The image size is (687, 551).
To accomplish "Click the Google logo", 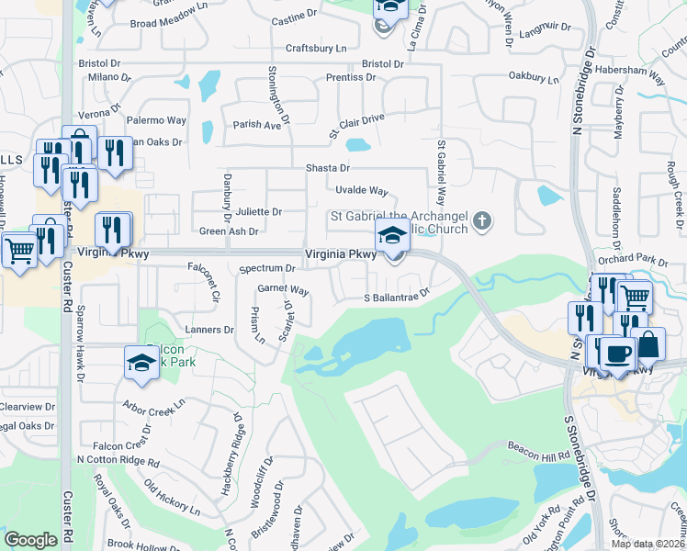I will point(30,540).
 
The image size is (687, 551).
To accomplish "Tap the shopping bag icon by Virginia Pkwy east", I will point(648,345).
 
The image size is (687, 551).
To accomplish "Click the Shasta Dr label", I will point(328,169).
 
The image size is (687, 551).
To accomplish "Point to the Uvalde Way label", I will point(362,191).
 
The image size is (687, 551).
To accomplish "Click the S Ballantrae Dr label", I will point(397,297).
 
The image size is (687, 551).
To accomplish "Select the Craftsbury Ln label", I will point(316,47).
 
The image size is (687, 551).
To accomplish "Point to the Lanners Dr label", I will point(210,330).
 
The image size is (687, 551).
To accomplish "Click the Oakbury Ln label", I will point(534,79).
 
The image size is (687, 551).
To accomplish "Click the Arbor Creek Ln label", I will point(153,403).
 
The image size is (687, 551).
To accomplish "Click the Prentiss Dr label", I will point(350,77).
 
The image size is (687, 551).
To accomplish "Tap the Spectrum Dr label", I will point(266,269).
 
